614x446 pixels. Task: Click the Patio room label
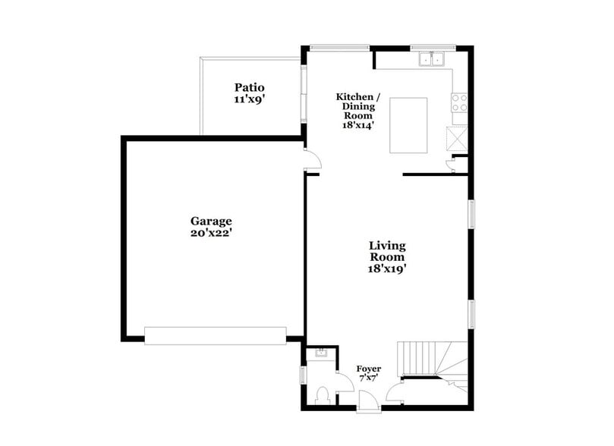pyautogui.click(x=249, y=93)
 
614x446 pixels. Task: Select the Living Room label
pyautogui.click(x=387, y=256)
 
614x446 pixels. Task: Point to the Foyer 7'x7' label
pyautogui.click(x=369, y=374)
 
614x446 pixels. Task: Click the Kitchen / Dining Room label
pyautogui.click(x=359, y=111)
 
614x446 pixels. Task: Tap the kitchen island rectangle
pyautogui.click(x=408, y=125)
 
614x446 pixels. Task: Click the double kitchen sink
pyautogui.click(x=432, y=58)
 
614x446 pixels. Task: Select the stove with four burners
pyautogui.click(x=459, y=102)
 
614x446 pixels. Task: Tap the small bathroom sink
pyautogui.click(x=319, y=353)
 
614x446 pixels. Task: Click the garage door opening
pyautogui.click(x=216, y=335)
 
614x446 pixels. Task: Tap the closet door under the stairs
pyautogui.click(x=395, y=392)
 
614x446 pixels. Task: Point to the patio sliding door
pyautogui.click(x=304, y=95)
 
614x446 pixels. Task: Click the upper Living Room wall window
pyautogui.click(x=471, y=213)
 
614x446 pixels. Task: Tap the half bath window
pyautogui.click(x=303, y=374)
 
